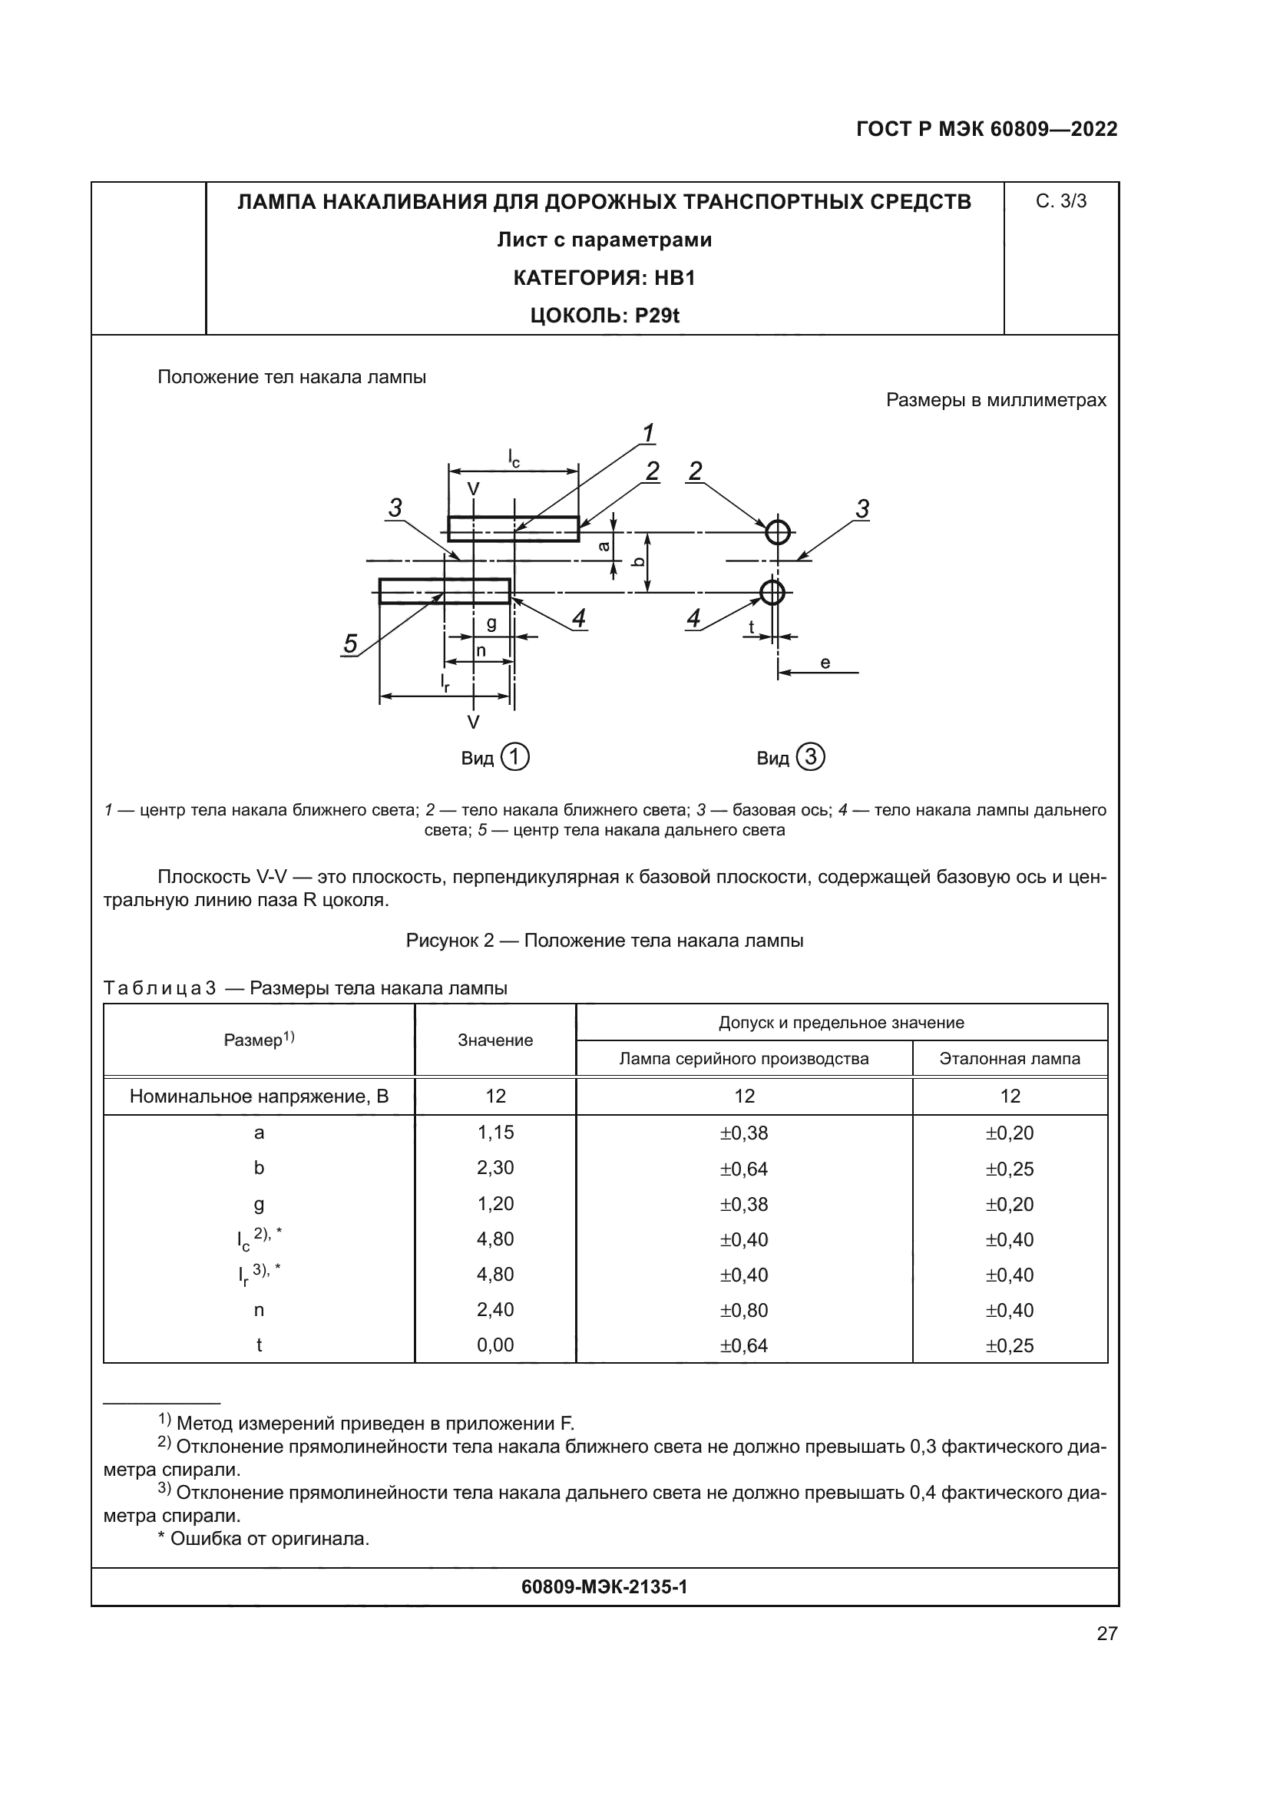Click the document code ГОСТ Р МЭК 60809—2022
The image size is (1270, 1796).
coord(987,129)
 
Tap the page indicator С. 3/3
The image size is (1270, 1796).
coord(1060,202)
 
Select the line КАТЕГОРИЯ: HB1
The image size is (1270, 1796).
coord(604,278)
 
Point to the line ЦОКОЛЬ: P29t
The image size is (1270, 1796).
coord(604,316)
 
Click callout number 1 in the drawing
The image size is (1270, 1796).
coord(647,432)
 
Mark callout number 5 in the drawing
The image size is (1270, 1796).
coord(350,643)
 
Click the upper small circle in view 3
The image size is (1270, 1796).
coord(777,532)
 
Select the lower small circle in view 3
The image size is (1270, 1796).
coord(772,592)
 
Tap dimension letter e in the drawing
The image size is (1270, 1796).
coord(825,663)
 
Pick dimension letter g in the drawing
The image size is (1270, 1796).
coord(491,623)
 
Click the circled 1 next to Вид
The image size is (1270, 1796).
coord(514,757)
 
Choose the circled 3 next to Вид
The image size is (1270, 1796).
coord(810,757)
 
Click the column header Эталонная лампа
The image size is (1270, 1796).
coord(1010,1059)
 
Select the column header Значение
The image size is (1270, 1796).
coord(495,1040)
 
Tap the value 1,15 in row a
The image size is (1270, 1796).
coord(495,1133)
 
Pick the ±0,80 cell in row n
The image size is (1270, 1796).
coord(744,1310)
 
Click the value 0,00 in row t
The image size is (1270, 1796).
coord(495,1345)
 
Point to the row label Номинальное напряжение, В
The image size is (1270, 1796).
coord(259,1096)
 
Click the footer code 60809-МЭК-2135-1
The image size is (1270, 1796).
coord(604,1587)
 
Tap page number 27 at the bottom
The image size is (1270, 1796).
coord(1106,1633)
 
